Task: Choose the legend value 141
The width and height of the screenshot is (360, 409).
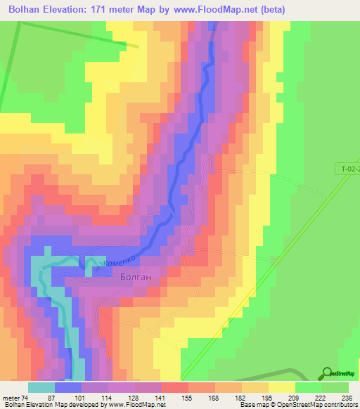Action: [161, 398]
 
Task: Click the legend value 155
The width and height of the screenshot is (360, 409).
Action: [188, 398]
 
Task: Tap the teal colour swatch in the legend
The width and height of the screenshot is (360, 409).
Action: [41, 387]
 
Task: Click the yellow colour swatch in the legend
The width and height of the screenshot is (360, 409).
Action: [281, 387]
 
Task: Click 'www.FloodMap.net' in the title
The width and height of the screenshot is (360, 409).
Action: [238, 10]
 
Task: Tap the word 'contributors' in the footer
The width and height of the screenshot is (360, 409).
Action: [340, 405]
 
